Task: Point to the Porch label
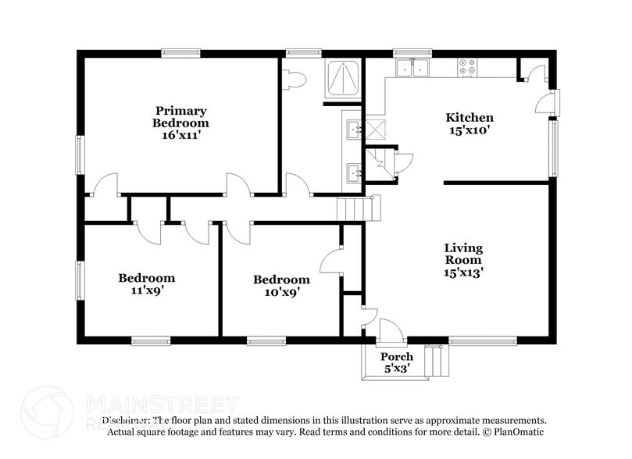click(396, 357)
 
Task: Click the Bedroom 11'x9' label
click(146, 283)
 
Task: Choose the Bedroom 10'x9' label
click(281, 286)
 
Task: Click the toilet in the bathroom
click(295, 77)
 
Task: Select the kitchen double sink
click(412, 68)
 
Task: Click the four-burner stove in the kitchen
click(468, 68)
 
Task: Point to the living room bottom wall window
click(482, 340)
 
